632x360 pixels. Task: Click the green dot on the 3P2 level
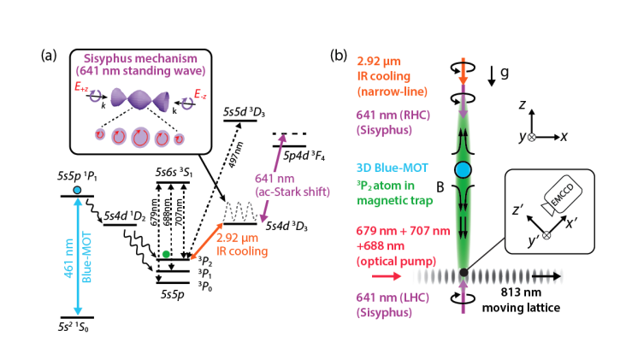point(165,254)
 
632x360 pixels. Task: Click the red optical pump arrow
point(385,276)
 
